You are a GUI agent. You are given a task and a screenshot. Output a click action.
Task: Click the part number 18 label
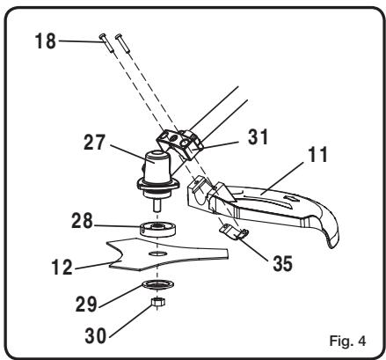(x=46, y=41)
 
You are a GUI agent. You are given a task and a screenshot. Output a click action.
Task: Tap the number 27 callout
(x=94, y=143)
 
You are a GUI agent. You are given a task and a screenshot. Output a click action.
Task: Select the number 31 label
(x=258, y=137)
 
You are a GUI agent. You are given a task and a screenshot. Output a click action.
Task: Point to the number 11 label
(x=317, y=154)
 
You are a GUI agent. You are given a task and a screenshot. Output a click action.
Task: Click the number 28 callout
(x=83, y=221)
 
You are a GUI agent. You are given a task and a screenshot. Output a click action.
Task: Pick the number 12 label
(x=62, y=267)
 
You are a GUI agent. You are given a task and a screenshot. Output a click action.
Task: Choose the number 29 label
(x=86, y=304)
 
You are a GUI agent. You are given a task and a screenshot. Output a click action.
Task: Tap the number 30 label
(x=96, y=335)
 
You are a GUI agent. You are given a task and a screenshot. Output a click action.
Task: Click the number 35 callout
(x=282, y=263)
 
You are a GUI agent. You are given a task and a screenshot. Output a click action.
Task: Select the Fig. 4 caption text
(x=347, y=341)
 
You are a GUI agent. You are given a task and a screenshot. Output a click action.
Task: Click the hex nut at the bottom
(x=158, y=302)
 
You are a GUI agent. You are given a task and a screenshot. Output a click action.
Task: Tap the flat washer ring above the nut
(x=158, y=284)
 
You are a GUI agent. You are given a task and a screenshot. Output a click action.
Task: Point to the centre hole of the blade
(x=158, y=253)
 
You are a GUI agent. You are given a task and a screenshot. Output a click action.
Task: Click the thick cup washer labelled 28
(x=157, y=229)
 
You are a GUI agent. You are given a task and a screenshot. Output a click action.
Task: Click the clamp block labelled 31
(x=179, y=144)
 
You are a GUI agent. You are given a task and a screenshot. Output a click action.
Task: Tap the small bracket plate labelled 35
(x=234, y=231)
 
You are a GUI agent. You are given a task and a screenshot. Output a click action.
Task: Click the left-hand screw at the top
(x=106, y=43)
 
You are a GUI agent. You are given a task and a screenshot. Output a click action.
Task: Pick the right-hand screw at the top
(x=122, y=43)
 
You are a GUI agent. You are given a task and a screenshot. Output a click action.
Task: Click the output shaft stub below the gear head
(x=157, y=204)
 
